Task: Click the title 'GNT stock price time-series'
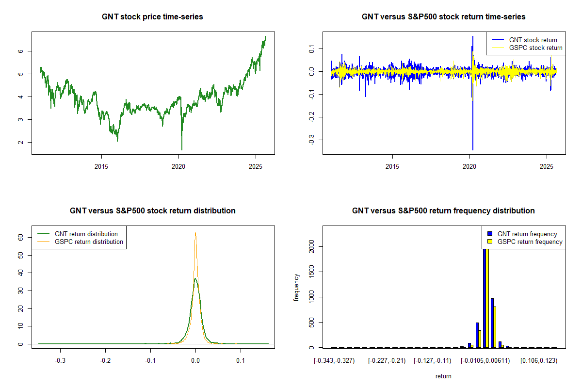pos(152,17)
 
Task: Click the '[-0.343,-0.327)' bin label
pos(335,361)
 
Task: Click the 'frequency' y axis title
pos(296,289)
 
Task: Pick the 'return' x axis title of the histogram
pos(443,376)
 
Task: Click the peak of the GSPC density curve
pos(195,233)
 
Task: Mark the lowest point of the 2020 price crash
pos(182,150)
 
